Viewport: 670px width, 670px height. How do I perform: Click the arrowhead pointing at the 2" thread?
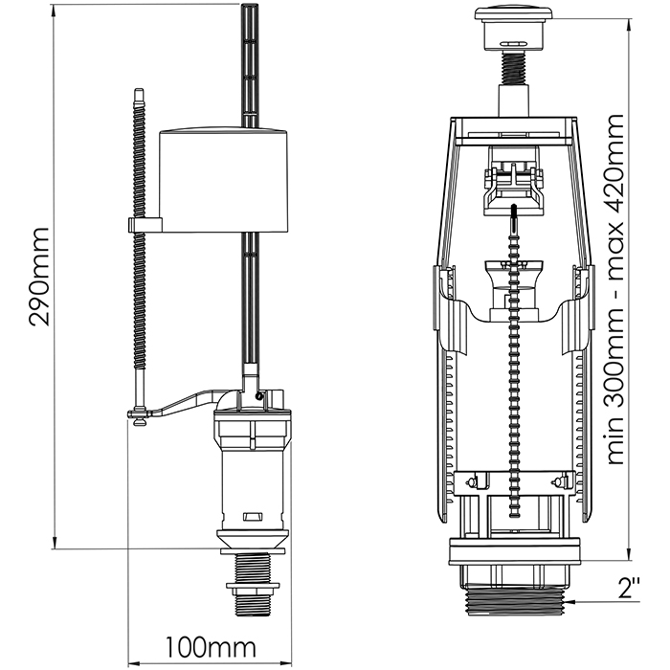point(573,601)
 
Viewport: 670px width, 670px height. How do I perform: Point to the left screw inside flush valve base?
point(473,480)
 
